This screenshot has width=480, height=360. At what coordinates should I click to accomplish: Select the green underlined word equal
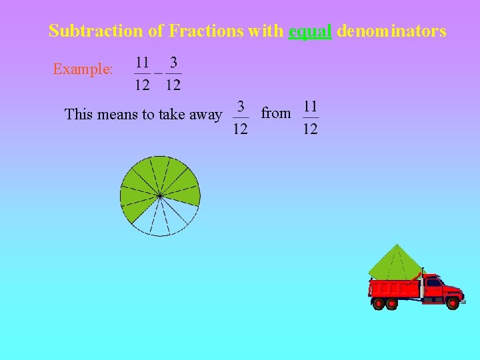click(310, 31)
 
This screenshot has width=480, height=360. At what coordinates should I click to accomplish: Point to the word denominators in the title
click(391, 31)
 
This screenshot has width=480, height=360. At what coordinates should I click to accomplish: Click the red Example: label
click(83, 69)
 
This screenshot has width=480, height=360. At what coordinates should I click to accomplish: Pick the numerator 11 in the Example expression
click(142, 63)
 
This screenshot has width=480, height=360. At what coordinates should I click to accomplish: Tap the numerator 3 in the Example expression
click(173, 63)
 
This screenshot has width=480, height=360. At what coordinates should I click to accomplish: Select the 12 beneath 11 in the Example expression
click(142, 85)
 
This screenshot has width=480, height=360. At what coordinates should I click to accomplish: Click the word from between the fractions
click(275, 113)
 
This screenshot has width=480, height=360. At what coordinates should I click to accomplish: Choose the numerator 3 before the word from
click(241, 107)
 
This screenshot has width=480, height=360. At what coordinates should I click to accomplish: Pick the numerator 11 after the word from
click(310, 107)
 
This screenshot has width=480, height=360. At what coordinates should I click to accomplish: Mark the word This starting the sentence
click(79, 115)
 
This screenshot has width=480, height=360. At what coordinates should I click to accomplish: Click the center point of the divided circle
click(160, 195)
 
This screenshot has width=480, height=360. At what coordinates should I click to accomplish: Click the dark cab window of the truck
click(433, 283)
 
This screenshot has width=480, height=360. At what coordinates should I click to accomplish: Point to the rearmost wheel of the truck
click(378, 303)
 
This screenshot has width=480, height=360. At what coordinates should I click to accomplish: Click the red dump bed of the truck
click(394, 288)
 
